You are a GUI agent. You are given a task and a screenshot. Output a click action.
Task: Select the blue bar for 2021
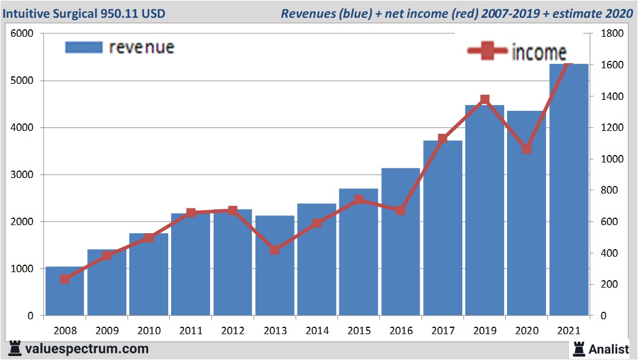(x=569, y=189)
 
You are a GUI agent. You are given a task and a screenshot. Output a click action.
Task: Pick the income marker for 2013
(x=274, y=250)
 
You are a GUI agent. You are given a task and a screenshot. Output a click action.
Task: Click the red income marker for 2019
(x=485, y=100)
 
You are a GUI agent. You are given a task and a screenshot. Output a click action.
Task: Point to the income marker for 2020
(x=527, y=149)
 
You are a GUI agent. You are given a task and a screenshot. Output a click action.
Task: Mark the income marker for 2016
(x=401, y=210)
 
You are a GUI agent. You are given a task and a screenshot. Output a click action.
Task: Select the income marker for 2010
(x=149, y=238)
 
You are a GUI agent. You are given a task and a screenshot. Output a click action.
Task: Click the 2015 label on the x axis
(x=359, y=331)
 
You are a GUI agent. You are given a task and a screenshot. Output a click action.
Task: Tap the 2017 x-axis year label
(x=443, y=331)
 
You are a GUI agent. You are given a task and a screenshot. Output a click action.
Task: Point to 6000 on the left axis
(x=22, y=34)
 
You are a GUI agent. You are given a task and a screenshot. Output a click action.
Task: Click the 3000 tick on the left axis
(x=22, y=175)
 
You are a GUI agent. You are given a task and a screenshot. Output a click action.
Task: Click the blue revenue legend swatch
(x=83, y=47)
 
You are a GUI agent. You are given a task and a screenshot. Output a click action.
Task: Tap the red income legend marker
(x=487, y=51)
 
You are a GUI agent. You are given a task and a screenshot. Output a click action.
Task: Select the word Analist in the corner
(x=609, y=349)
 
